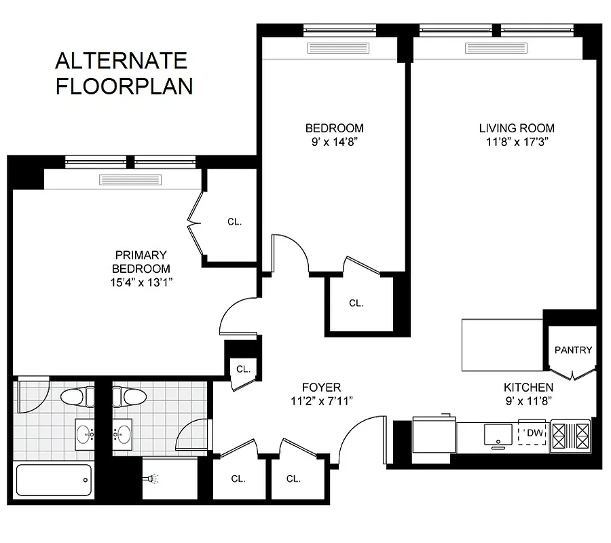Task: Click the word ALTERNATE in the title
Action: point(121,61)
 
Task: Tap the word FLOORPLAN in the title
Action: point(124,87)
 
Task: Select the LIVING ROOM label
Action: point(516,128)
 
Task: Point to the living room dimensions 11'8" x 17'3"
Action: point(516,143)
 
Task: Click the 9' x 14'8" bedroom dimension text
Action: point(334,143)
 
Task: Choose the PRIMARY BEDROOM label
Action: point(141,261)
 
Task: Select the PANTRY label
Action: point(573,350)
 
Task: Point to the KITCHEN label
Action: point(528,388)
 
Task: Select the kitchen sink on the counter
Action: point(498,433)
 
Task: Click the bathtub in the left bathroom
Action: point(53,480)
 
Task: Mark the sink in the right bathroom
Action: point(123,431)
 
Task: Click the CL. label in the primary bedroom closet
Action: point(235,222)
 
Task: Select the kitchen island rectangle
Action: point(502,345)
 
